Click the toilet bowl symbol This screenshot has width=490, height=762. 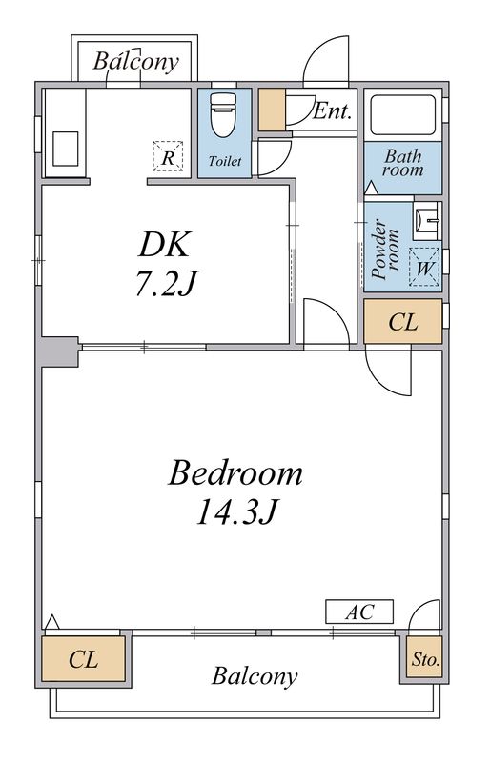(x=223, y=115)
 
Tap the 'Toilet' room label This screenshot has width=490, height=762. (x=225, y=161)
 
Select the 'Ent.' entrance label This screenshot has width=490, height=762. (x=332, y=111)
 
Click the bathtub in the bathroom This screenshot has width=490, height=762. (x=403, y=114)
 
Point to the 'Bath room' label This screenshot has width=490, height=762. (x=403, y=163)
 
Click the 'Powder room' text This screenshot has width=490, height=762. (x=386, y=250)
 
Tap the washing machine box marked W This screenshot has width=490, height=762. (x=424, y=267)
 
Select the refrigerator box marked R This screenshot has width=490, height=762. (x=168, y=156)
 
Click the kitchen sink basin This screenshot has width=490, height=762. (x=66, y=149)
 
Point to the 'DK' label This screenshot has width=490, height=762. (x=164, y=245)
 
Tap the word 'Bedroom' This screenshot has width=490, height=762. (x=235, y=473)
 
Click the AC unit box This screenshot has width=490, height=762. (x=359, y=612)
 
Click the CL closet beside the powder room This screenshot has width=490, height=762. (x=403, y=322)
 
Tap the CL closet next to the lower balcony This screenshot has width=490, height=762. (x=84, y=658)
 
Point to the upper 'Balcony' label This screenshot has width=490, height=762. (x=135, y=62)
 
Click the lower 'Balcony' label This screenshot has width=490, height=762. (x=255, y=676)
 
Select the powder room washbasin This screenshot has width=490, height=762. (x=427, y=221)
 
